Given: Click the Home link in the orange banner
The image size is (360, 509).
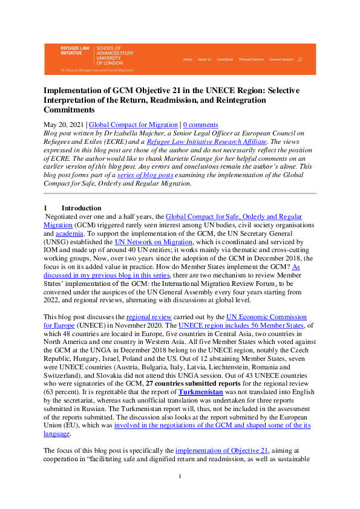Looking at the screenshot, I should click(x=188, y=59).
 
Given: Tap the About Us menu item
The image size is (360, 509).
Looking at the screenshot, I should click(x=205, y=59).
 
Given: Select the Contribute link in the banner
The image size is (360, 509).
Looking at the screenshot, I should click(x=225, y=59).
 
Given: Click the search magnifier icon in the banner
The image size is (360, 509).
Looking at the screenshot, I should click(x=301, y=59).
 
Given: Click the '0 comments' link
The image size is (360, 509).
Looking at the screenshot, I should click(x=201, y=125).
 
